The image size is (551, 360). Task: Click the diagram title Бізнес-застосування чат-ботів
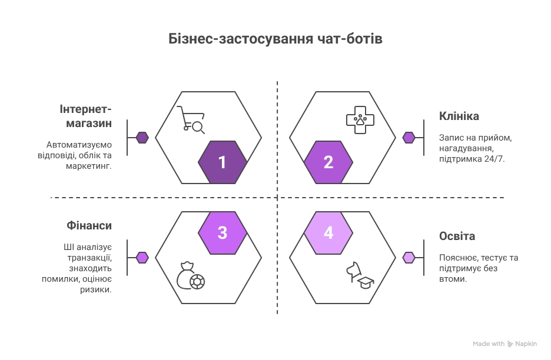click(275, 39)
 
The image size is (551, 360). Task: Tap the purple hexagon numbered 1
click(223, 162)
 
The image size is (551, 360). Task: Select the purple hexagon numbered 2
click(328, 162)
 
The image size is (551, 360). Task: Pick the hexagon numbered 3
click(223, 232)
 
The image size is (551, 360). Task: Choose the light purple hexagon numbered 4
click(328, 232)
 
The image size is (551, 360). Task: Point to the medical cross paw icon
click(360, 119)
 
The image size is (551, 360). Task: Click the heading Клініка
click(459, 116)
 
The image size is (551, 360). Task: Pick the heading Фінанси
click(88, 226)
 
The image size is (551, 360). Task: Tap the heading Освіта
click(457, 236)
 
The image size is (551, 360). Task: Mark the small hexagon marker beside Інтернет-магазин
click(142, 138)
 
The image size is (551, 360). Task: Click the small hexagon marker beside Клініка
click(409, 138)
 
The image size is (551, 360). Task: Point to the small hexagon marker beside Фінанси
click(142, 257)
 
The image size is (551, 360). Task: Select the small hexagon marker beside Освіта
click(409, 257)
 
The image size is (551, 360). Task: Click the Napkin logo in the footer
click(522, 344)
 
